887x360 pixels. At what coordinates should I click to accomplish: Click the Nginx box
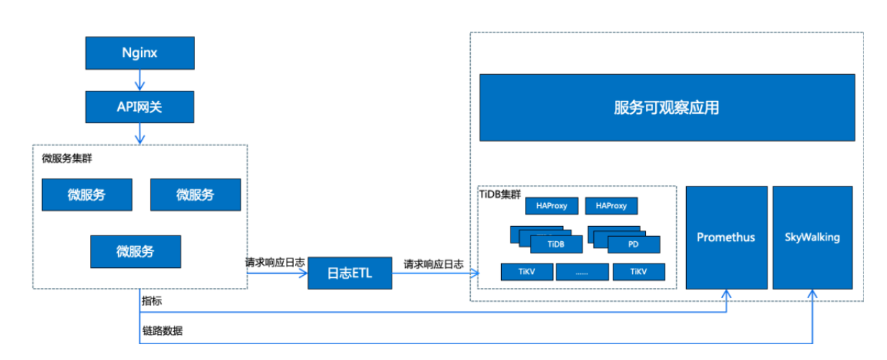pyautogui.click(x=140, y=53)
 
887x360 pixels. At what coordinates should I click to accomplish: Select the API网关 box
pyautogui.click(x=140, y=107)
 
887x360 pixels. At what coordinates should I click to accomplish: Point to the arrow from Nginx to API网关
pyautogui.click(x=140, y=81)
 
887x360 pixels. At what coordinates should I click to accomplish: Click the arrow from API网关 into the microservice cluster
pyautogui.click(x=140, y=134)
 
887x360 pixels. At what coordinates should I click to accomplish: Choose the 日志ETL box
pyautogui.click(x=350, y=273)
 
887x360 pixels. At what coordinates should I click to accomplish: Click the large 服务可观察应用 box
pyautogui.click(x=667, y=108)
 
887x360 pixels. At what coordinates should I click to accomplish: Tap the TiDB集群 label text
pyautogui.click(x=500, y=194)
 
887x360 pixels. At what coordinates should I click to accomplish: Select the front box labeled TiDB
pyautogui.click(x=555, y=244)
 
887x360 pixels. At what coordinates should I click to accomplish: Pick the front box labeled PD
pyautogui.click(x=633, y=244)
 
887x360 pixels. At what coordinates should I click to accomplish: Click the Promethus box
pyautogui.click(x=726, y=237)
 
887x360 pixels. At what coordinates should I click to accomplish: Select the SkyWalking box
pyautogui.click(x=812, y=237)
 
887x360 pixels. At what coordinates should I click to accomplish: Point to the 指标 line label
pyautogui.click(x=152, y=300)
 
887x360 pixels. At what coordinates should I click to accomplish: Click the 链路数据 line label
pyautogui.click(x=162, y=331)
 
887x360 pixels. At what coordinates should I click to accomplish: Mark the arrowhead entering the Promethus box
pyautogui.click(x=726, y=294)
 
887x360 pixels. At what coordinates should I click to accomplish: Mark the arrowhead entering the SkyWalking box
pyautogui.click(x=813, y=294)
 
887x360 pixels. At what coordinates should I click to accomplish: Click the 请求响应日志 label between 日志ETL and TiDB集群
pyautogui.click(x=433, y=264)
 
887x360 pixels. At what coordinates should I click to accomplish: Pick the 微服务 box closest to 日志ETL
pyautogui.click(x=135, y=251)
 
